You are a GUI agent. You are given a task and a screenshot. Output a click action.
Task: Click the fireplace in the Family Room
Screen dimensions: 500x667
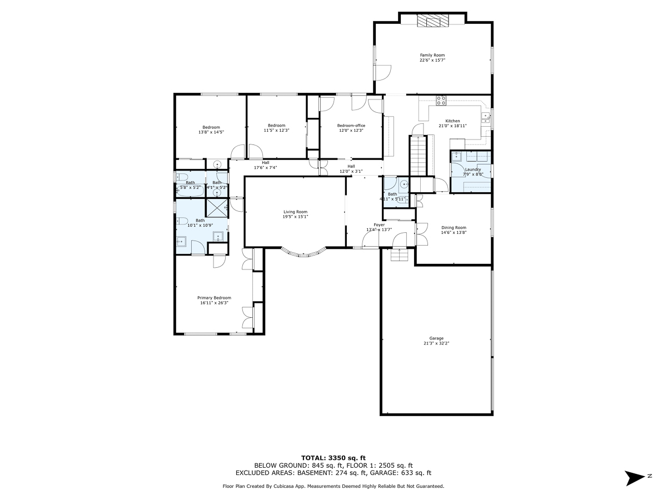tap(432, 21)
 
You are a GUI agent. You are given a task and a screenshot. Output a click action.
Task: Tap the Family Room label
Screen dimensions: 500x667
tap(432, 55)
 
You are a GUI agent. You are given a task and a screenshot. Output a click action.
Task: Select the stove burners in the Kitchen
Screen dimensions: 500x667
tap(441, 101)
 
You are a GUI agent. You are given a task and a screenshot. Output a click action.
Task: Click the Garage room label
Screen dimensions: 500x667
tap(436, 338)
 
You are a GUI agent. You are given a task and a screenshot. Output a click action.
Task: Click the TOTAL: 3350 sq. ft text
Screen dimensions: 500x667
tap(333, 457)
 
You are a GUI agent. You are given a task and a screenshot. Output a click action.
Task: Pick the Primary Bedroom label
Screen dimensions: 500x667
tap(216, 298)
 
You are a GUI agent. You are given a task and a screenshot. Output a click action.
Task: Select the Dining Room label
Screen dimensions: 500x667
tap(454, 227)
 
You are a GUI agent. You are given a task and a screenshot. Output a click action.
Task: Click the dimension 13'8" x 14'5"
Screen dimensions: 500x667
tap(211, 132)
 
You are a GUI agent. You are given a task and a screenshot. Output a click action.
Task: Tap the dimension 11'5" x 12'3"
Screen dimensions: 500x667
tap(276, 130)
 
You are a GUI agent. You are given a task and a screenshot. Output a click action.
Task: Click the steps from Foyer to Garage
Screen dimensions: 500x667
tap(399, 255)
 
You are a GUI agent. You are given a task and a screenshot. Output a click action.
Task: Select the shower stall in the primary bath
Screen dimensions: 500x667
tap(217, 207)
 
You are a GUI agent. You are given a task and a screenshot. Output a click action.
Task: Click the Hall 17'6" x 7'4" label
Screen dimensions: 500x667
tap(266, 162)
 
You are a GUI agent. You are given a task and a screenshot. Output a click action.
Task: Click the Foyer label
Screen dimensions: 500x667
tap(379, 225)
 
